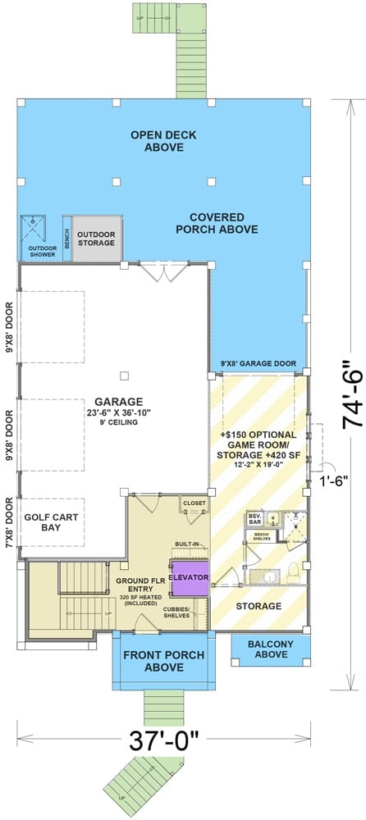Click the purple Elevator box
(x=190, y=577)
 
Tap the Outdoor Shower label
(x=42, y=250)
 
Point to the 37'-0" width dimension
(x=164, y=741)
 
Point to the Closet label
(x=194, y=503)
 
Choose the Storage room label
(x=259, y=606)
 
